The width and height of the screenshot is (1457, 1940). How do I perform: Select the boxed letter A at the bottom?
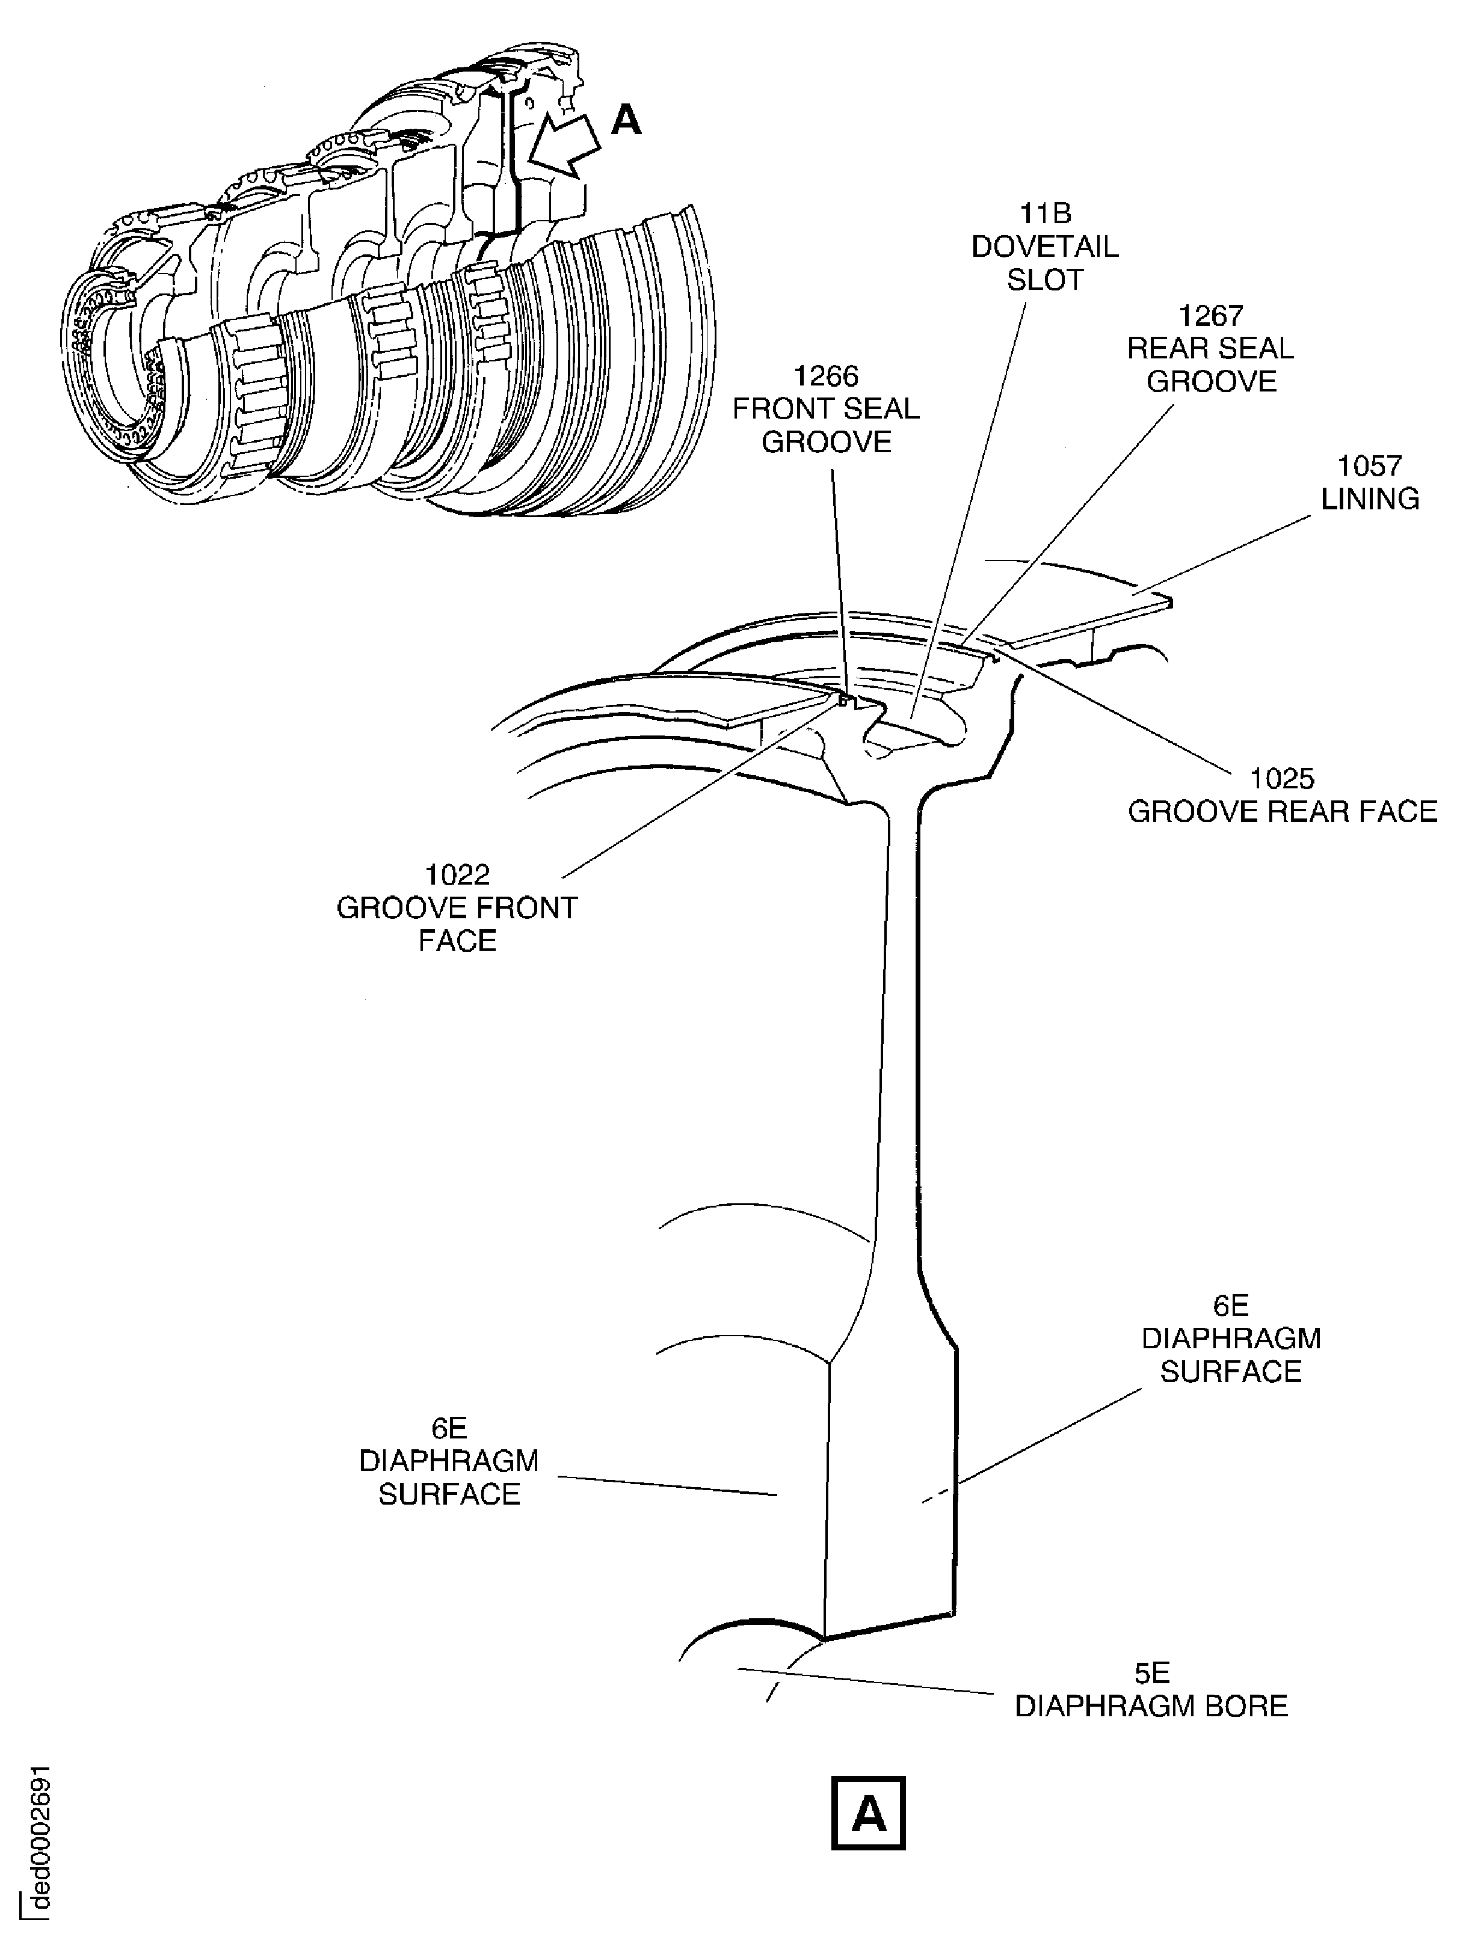click(867, 1814)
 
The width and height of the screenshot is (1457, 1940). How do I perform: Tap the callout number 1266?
click(825, 376)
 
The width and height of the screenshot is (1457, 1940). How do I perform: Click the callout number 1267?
click(1210, 316)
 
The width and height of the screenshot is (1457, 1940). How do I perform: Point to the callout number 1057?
click(1369, 465)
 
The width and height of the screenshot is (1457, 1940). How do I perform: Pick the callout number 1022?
click(457, 874)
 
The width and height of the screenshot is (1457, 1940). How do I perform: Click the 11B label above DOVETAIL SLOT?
click(1045, 213)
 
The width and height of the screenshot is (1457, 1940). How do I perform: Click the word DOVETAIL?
click(1045, 247)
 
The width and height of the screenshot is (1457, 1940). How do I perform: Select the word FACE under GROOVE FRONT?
click(457, 940)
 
